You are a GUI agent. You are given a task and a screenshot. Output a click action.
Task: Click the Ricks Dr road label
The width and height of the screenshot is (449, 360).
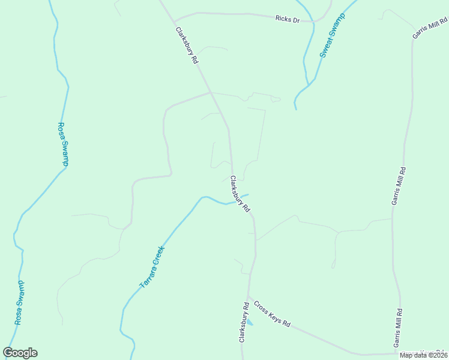[287, 19]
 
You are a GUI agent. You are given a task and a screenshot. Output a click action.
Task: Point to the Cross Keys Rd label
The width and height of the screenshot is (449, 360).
[272, 314]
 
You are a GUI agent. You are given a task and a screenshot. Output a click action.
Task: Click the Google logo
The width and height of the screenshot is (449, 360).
[20, 353]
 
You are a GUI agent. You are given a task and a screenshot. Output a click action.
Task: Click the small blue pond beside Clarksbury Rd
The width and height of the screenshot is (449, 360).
[249, 323]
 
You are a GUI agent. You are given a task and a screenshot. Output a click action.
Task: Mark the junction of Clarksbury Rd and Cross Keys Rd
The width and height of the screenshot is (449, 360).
[248, 298]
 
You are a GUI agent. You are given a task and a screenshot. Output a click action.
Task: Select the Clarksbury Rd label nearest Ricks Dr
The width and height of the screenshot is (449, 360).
[187, 46]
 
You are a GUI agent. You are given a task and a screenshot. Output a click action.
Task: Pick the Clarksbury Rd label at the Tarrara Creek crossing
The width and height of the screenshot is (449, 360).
[240, 194]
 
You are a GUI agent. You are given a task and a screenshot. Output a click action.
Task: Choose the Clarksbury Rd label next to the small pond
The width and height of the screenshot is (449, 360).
[244, 323]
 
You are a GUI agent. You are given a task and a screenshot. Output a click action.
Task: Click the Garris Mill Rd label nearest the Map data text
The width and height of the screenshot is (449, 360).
[397, 328]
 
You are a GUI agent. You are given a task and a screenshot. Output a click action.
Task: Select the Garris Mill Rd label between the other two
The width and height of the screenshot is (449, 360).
[399, 186]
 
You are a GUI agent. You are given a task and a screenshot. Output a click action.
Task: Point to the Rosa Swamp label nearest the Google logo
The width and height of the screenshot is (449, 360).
[20, 302]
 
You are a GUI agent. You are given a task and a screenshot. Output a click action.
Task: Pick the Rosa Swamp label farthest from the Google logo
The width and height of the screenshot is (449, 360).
[62, 145]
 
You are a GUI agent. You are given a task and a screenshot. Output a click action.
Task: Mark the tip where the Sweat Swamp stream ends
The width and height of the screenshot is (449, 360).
[296, 109]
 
